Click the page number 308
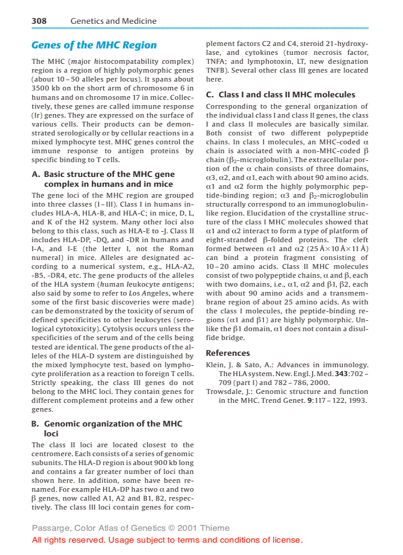pos(39,21)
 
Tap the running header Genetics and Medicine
pos(113,21)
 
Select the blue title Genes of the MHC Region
pos(94,45)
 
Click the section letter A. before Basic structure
pos(36,174)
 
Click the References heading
pos(228,353)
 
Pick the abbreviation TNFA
pos(215,62)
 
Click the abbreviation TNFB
pos(215,71)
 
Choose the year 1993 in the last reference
pos(358,401)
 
